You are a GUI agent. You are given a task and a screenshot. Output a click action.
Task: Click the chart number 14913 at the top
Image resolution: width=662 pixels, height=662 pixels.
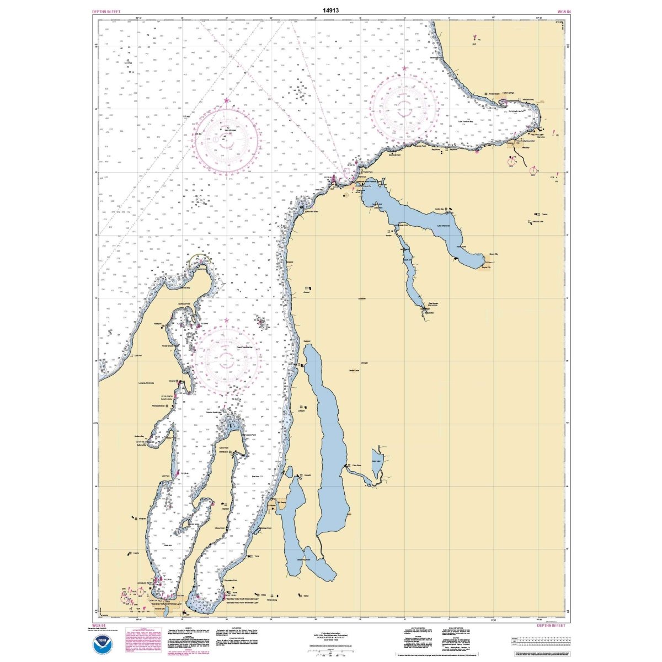pyautogui.click(x=332, y=10)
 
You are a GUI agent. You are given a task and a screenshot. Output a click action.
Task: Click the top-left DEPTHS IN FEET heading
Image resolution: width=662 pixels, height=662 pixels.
pyautogui.click(x=108, y=11)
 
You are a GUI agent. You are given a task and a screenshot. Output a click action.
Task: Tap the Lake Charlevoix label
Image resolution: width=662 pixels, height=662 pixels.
pyautogui.click(x=444, y=226)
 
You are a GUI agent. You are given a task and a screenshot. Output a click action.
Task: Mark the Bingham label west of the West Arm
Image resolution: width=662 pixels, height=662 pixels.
pyautogui.click(x=142, y=519)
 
